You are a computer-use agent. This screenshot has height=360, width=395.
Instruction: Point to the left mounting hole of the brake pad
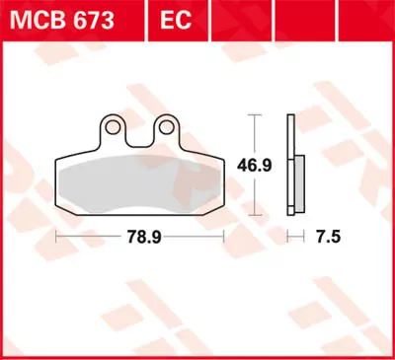117,126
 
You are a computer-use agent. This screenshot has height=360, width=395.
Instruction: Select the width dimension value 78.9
141,238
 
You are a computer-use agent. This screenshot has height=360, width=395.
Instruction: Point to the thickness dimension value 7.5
325,238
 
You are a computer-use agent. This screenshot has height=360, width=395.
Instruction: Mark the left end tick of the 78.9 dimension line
56,238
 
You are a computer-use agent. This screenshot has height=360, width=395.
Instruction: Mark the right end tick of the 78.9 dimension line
226,238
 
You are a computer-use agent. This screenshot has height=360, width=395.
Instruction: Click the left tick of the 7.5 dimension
287,238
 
